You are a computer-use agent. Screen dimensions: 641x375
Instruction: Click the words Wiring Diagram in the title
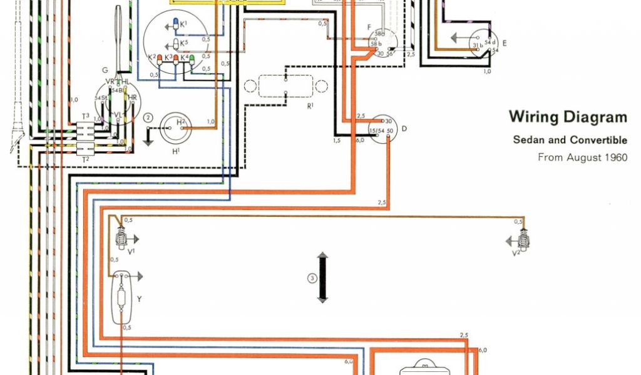click(x=567, y=117)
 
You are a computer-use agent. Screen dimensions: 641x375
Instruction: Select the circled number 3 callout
click(x=312, y=278)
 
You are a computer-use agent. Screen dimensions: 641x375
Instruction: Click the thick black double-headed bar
click(x=322, y=278)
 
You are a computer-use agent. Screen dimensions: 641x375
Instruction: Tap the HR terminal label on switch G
click(x=131, y=98)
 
